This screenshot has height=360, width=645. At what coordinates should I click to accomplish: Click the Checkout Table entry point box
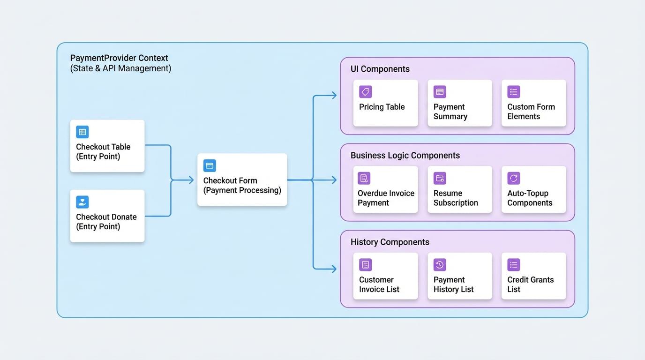pos(107,146)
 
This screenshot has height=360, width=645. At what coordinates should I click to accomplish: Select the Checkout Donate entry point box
pos(107,216)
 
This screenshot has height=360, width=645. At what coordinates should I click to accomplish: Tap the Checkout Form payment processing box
pos(242,180)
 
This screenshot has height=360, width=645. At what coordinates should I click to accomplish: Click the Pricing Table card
pos(385,103)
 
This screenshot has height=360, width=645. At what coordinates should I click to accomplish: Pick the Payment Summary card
pos(459,103)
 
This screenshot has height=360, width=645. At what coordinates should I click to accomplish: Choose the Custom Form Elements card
pos(533,103)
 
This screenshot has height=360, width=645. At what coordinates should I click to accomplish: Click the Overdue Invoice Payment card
pos(385,189)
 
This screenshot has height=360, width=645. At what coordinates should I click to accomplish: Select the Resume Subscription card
pos(459,189)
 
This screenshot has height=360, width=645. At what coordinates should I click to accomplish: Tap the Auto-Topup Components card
pos(533,189)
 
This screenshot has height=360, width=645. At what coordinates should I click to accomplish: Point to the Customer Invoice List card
pos(385,276)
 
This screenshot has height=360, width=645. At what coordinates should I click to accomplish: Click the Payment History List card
pos(459,276)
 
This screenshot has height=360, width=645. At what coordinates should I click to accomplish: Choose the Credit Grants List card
pos(533,276)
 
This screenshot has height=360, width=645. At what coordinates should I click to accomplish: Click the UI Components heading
pos(380,69)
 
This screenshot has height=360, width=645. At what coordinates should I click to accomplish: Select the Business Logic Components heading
pos(405,155)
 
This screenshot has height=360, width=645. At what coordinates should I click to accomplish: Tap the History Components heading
pos(390,242)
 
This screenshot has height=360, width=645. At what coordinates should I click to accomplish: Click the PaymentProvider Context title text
pos(119,58)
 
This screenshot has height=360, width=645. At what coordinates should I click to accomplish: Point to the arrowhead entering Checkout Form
pos(191,180)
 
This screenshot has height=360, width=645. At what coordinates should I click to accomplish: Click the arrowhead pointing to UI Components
pos(334,96)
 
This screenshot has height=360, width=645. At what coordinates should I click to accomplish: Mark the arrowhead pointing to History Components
pos(334,269)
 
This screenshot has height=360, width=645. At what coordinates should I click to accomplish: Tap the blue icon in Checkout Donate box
pos(82,202)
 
